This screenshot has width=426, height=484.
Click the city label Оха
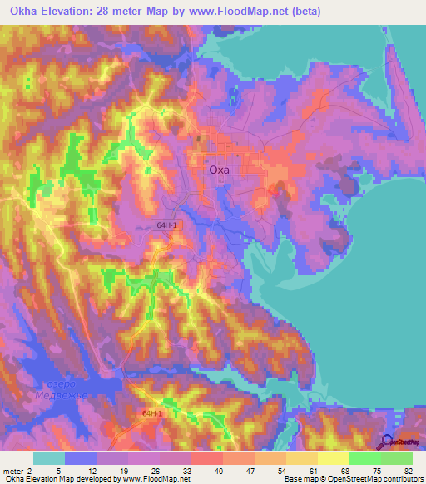click(219, 170)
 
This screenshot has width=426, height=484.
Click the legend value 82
click(408, 469)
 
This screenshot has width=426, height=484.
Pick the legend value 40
click(218, 469)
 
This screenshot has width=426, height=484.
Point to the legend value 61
click(313, 469)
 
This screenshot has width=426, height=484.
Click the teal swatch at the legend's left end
click(49, 457)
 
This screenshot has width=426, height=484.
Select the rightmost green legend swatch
click(396, 457)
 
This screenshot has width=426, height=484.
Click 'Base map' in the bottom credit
click(300, 479)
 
